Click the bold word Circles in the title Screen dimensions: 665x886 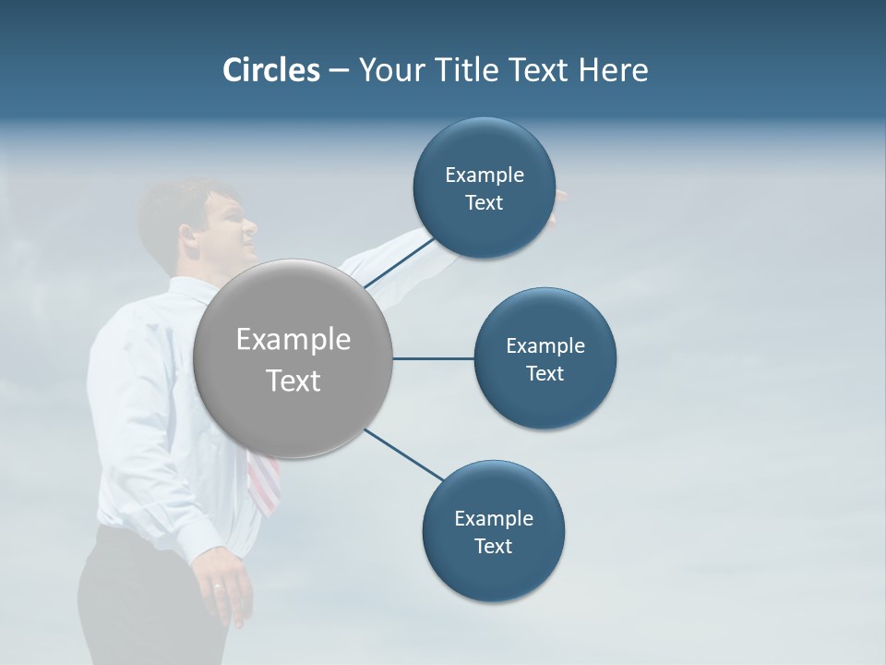point(270,69)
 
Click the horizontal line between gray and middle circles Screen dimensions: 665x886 point(434,358)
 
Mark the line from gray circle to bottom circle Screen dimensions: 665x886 point(404,454)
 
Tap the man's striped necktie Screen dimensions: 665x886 point(263,482)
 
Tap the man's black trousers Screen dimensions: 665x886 point(129,600)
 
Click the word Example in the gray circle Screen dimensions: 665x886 point(293,340)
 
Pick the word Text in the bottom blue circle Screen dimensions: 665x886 point(494,546)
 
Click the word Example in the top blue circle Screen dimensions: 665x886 point(484,175)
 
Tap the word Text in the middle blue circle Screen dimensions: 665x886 point(545,373)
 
